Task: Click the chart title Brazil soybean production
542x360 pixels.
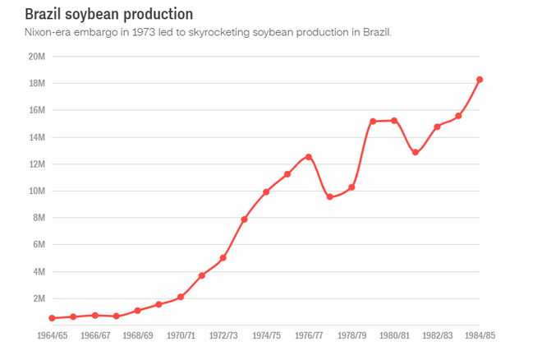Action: pyautogui.click(x=109, y=14)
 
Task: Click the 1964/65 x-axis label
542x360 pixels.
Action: pyautogui.click(x=52, y=335)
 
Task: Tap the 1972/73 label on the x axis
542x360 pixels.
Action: pyautogui.click(x=223, y=335)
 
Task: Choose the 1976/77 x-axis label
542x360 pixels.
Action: pyautogui.click(x=309, y=335)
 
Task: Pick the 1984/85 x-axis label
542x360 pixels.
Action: pyautogui.click(x=479, y=335)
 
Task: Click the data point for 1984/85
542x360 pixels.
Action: pyautogui.click(x=480, y=80)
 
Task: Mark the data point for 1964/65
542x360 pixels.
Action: pyautogui.click(x=52, y=318)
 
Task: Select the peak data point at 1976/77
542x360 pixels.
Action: pyautogui.click(x=309, y=157)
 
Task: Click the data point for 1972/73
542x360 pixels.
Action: pyautogui.click(x=223, y=258)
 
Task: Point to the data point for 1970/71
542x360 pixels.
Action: pyautogui.click(x=181, y=297)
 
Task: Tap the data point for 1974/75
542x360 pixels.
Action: pyautogui.click(x=266, y=192)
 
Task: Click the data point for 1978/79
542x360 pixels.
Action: pyautogui.click(x=351, y=187)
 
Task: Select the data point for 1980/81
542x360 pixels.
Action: pyautogui.click(x=394, y=121)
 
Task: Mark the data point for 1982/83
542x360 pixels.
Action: pyautogui.click(x=437, y=127)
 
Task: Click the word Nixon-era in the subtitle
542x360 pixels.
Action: pyautogui.click(x=48, y=32)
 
